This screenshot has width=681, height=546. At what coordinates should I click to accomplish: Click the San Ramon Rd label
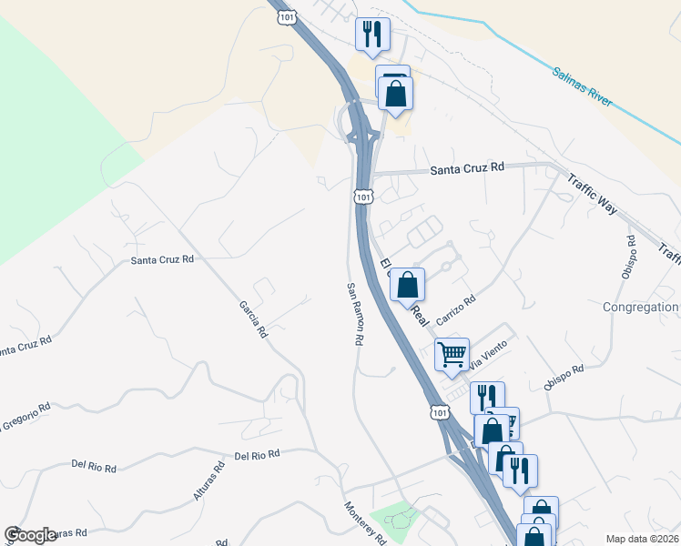click(355, 313)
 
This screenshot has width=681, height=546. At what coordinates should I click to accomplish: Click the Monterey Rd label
click(365, 524)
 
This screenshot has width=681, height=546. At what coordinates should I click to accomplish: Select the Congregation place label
click(641, 307)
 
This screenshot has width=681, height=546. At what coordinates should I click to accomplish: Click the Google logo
click(30, 535)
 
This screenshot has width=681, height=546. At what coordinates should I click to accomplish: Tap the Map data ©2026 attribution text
click(643, 539)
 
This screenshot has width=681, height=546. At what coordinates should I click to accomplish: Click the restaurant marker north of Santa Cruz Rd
click(372, 35)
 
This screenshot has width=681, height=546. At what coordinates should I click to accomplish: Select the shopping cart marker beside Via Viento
click(452, 353)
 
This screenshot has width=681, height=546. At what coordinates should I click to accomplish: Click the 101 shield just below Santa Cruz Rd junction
click(363, 197)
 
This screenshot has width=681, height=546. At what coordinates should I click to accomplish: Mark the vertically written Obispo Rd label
click(631, 257)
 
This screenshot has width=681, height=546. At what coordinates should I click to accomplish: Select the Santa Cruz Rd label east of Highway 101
click(467, 168)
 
